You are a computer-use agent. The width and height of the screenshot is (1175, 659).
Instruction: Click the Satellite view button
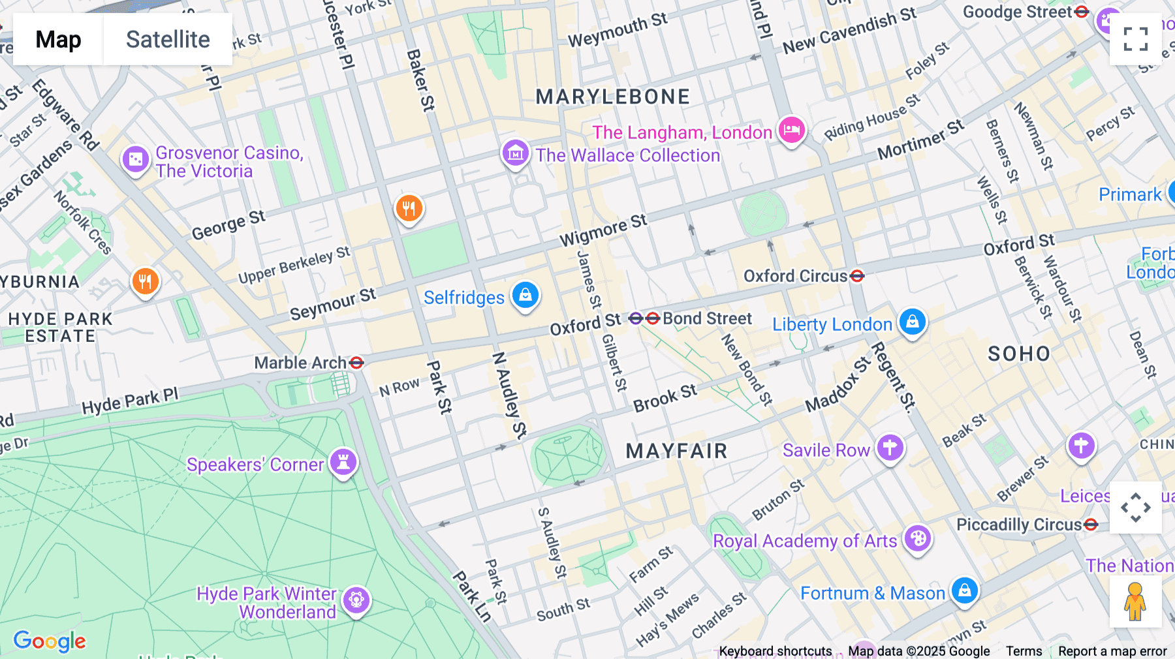[x=168, y=39]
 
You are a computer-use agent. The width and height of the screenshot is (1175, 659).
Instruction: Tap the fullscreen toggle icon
[x=1135, y=39]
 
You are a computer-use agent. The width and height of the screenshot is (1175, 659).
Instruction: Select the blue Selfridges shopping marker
[x=525, y=296]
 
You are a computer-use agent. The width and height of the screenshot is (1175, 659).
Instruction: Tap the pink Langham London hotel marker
[x=791, y=130]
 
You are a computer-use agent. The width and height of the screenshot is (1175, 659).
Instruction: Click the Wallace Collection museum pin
[x=515, y=154]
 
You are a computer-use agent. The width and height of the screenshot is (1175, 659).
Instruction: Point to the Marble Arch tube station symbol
[x=356, y=363]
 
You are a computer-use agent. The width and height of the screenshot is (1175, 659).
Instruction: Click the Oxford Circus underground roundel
[x=857, y=276]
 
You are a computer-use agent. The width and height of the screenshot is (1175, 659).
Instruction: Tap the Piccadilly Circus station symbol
[x=1091, y=525]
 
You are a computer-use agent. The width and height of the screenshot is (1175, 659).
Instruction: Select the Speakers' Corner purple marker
[x=343, y=462]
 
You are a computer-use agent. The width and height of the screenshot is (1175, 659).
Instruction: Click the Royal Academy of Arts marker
[x=918, y=539]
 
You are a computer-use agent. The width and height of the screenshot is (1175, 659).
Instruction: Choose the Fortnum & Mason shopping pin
[x=964, y=591]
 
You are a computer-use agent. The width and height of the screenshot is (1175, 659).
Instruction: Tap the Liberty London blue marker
[x=913, y=322]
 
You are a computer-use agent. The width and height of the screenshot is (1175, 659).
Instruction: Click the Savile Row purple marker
[x=890, y=448]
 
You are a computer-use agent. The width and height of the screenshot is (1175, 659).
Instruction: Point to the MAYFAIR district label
[x=676, y=451]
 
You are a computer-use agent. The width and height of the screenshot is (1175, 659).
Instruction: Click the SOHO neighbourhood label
[x=1018, y=354]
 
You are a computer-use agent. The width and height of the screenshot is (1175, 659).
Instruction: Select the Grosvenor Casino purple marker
[x=136, y=159]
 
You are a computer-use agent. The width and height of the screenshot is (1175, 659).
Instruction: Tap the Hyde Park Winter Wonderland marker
[x=356, y=600]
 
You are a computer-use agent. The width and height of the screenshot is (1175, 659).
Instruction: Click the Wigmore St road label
[x=603, y=230]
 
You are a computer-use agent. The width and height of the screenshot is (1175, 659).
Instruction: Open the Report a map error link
[x=1112, y=651]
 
